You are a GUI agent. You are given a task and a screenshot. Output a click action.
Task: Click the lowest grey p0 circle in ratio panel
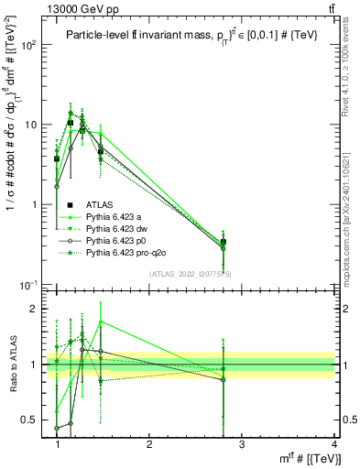(x=57, y=428)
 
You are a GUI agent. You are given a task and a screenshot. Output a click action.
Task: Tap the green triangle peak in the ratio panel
(x=100, y=322)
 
